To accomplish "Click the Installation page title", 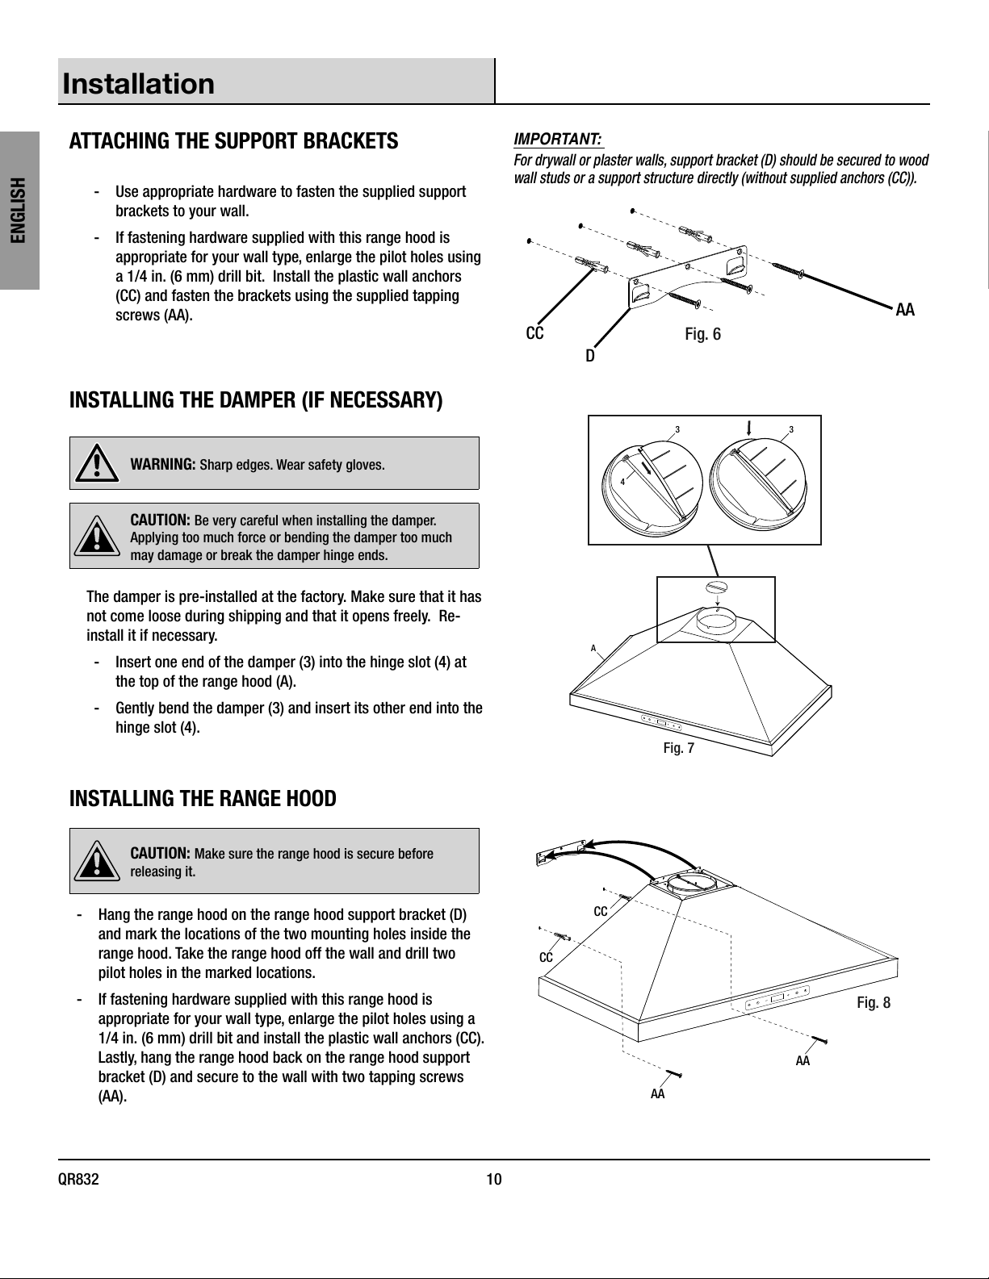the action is coord(138,84).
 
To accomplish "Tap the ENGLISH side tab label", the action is coord(19,210).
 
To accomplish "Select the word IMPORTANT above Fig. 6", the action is coord(558,140).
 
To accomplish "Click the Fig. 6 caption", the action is coord(702,334).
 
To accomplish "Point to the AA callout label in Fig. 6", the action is coord(905,310).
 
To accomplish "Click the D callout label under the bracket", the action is coord(590,356).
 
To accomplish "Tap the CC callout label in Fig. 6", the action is coord(534,334).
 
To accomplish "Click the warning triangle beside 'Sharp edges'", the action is coord(97,464).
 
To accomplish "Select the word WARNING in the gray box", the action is coord(163,465).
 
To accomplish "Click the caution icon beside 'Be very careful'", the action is coord(97,536).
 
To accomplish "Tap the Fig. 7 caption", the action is coord(679,748).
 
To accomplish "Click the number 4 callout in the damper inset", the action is coord(622,482).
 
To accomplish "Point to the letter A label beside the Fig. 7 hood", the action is coord(593,649).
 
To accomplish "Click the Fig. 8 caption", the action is coord(874,1002).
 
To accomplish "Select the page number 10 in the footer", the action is coord(494,1179).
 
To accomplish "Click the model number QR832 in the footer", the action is coord(78,1179).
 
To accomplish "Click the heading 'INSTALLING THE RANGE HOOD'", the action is coord(203,798).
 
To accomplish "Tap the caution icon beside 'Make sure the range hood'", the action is coord(97,860).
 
